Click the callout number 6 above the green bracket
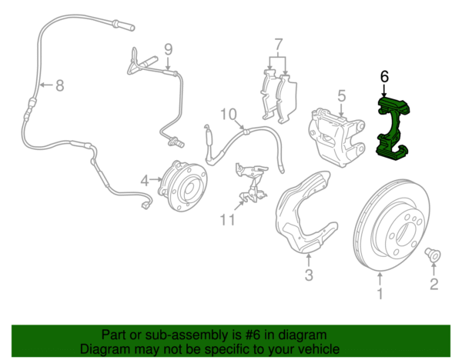tap(384, 76)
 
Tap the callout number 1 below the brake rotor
tap(380, 293)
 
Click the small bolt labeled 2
tap(432, 255)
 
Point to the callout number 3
tap(309, 275)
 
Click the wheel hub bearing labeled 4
tap(182, 185)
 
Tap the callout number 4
tap(145, 181)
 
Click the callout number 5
tap(341, 96)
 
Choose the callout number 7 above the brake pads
tap(279, 45)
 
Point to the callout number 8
tap(60, 85)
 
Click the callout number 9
tap(168, 49)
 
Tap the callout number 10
tap(229, 114)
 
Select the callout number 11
tap(227, 219)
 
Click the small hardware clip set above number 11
tap(253, 182)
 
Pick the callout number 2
tap(434, 284)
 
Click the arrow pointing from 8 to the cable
tap(46, 85)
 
